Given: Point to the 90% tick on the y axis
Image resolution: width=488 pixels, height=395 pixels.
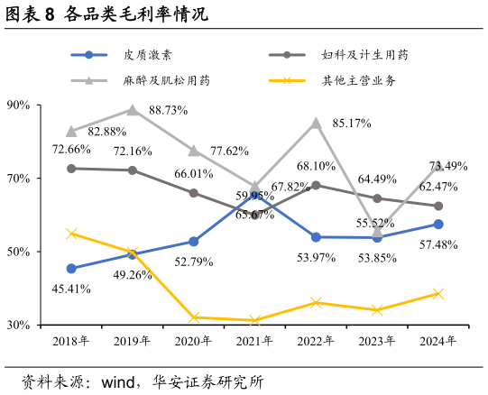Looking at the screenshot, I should click(19, 106).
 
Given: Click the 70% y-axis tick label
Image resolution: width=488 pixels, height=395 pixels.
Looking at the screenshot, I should click(19, 179).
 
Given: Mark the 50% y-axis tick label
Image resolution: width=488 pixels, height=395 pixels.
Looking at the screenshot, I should click(19, 252).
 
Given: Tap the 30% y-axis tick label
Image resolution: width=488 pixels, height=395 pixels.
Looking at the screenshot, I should click(19, 325).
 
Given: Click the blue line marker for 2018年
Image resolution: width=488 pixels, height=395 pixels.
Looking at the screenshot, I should click(71, 268).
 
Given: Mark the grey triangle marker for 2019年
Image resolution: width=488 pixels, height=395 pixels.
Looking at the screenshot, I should click(133, 110).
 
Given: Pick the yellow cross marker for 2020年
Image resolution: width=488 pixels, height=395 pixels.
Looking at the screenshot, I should click(194, 317).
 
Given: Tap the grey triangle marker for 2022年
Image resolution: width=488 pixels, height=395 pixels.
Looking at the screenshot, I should click(316, 124).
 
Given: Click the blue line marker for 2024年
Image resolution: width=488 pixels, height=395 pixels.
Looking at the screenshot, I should click(438, 224).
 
